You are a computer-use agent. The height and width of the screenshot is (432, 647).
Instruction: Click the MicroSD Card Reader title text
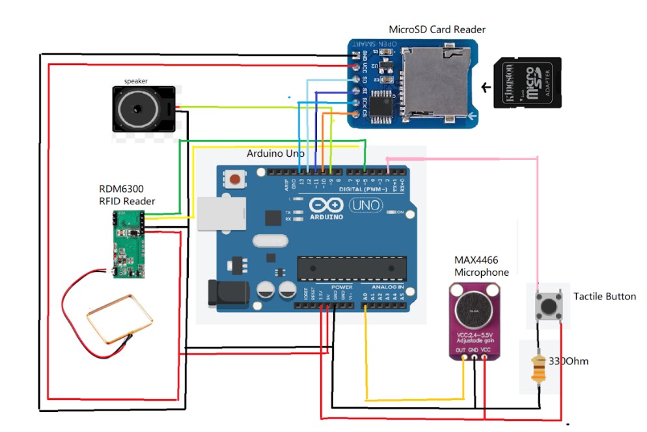click(437, 29)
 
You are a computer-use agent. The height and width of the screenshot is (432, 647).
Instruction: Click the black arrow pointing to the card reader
click(485, 87)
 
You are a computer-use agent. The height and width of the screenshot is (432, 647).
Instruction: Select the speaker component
click(144, 109)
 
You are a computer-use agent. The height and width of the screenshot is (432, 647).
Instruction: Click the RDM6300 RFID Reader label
click(127, 195)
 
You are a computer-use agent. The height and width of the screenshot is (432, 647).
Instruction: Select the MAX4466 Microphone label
click(482, 266)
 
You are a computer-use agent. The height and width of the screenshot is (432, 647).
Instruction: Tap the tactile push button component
click(548, 305)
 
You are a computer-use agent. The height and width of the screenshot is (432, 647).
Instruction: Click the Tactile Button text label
click(604, 297)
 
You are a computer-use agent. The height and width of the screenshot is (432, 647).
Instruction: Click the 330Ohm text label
click(568, 360)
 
